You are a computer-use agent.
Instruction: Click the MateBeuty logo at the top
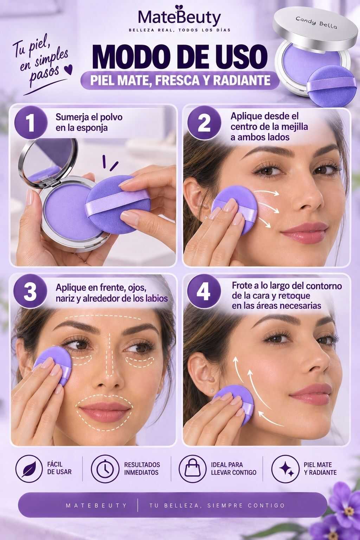pos(180,17)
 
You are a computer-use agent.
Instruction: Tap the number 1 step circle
pos(31,122)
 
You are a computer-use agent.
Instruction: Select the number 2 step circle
pos(204,122)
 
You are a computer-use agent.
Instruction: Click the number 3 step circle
pos(30,292)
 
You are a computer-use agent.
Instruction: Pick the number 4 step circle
pos(204,292)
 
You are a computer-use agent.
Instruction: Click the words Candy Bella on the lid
pos(316,22)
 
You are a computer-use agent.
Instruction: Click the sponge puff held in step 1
pos(118,205)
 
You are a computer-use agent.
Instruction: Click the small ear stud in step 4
pos(212,389)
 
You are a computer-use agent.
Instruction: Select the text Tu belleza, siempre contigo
pos(217,505)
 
